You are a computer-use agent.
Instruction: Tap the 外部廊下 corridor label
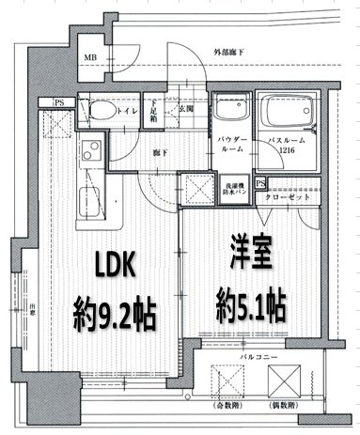point(230,52)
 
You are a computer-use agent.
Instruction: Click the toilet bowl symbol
point(99,112)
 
